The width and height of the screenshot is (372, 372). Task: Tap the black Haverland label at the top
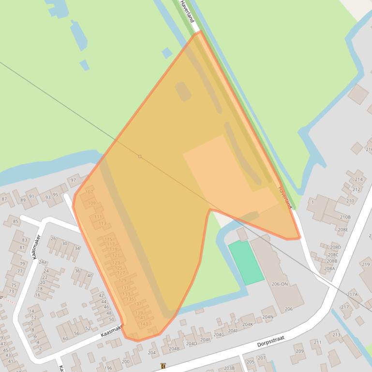[187, 11]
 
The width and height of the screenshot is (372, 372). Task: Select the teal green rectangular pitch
[246, 263]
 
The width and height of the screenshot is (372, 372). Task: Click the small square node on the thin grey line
[140, 157]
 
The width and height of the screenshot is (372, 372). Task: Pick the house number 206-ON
[279, 284]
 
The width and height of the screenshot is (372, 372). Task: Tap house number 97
[74, 180]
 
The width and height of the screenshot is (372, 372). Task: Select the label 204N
[268, 317]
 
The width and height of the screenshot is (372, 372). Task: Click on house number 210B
[345, 217]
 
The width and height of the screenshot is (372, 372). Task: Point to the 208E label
[342, 230]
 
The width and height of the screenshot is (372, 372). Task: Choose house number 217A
[352, 294]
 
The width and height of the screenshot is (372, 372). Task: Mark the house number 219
[365, 264]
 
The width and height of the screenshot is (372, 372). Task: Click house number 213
[336, 334]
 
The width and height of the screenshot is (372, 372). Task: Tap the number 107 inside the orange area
[89, 192]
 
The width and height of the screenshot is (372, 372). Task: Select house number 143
[144, 324]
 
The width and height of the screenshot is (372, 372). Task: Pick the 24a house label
[43, 262]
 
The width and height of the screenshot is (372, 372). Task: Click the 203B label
[229, 368]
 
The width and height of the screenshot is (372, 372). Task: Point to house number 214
[358, 179]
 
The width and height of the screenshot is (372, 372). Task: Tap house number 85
[15, 222]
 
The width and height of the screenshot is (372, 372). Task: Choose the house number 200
[125, 361]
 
